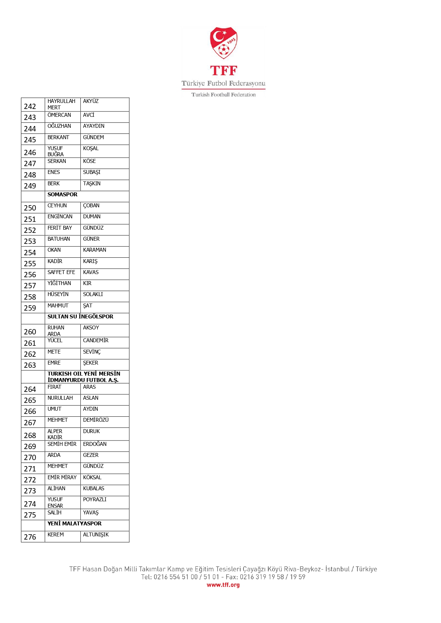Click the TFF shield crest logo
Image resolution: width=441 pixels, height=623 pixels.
[x=224, y=43]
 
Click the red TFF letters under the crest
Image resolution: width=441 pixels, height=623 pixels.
[x=224, y=71]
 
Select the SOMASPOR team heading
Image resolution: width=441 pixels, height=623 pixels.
[x=63, y=195]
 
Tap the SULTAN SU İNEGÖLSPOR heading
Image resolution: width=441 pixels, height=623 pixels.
[x=80, y=317]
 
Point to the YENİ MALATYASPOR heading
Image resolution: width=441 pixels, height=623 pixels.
[x=75, y=524]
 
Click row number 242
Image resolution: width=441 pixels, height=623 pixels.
[x=30, y=106]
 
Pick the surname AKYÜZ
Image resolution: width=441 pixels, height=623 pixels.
[x=91, y=101]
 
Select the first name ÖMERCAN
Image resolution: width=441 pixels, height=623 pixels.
[x=59, y=115]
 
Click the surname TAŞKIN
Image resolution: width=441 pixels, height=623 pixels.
[x=92, y=184]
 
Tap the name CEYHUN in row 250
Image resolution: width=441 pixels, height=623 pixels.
[x=57, y=206]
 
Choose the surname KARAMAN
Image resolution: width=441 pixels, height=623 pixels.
[x=95, y=250]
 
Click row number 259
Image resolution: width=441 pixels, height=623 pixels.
[x=30, y=308]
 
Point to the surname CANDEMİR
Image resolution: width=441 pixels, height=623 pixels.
[x=96, y=340]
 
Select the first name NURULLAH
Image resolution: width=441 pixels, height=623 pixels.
[x=60, y=398]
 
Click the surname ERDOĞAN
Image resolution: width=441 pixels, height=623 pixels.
[x=95, y=444]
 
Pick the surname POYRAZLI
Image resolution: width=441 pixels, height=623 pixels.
[x=95, y=499]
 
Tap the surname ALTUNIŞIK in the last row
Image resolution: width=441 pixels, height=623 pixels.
[x=96, y=535]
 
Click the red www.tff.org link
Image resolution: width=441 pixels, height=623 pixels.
[x=223, y=585]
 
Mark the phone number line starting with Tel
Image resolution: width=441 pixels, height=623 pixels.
[x=223, y=577]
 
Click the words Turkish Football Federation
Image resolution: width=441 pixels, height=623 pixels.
[x=224, y=95]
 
